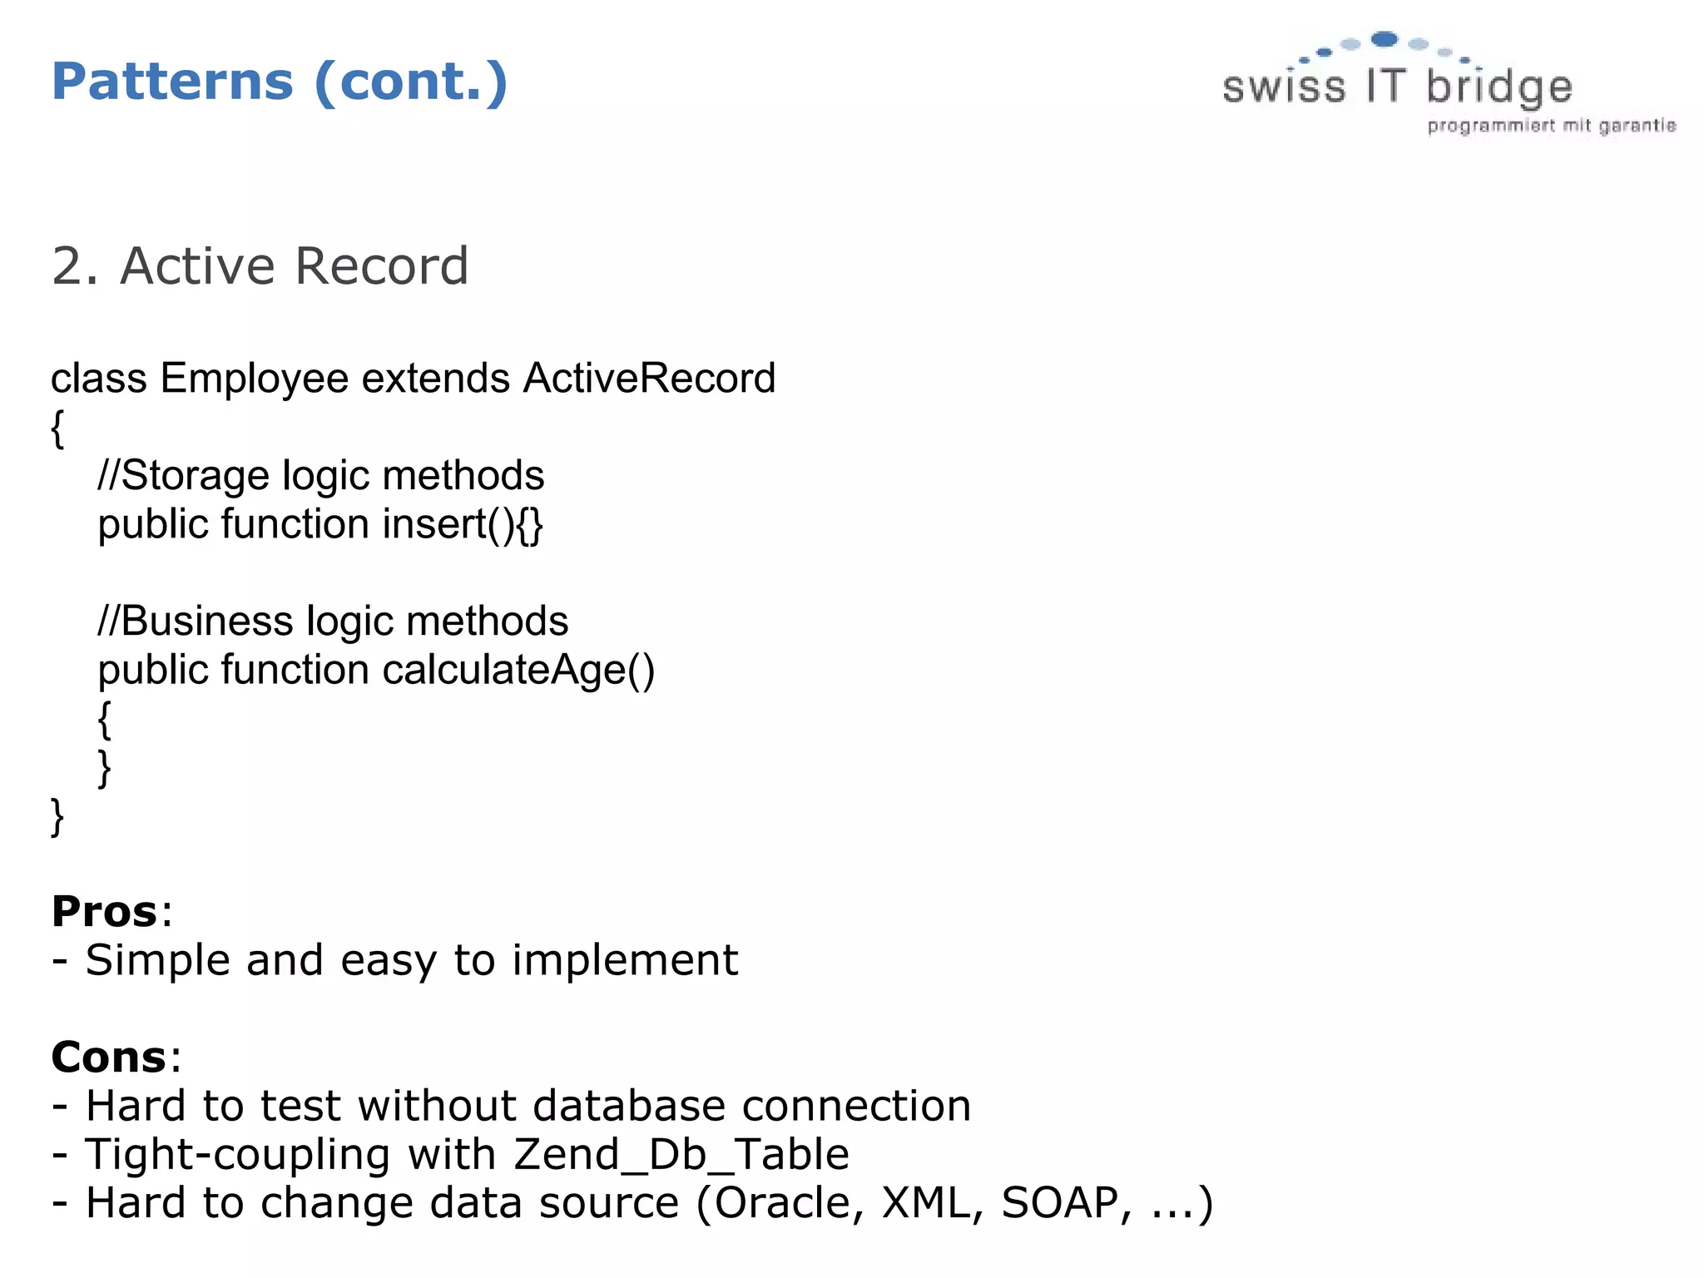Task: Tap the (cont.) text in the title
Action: pos(411,82)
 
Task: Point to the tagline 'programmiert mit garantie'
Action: pos(1552,126)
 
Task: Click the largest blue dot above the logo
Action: pos(1384,38)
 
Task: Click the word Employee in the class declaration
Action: pos(254,379)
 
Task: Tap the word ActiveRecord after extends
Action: pos(649,379)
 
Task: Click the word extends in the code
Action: pos(435,379)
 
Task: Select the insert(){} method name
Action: pos(463,524)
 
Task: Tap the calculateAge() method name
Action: pos(518,671)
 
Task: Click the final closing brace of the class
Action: pos(57,816)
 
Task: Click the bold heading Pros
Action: pos(104,911)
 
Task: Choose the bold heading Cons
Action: pos(108,1058)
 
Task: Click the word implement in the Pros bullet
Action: pos(624,960)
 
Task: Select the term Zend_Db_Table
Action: pos(681,1155)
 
